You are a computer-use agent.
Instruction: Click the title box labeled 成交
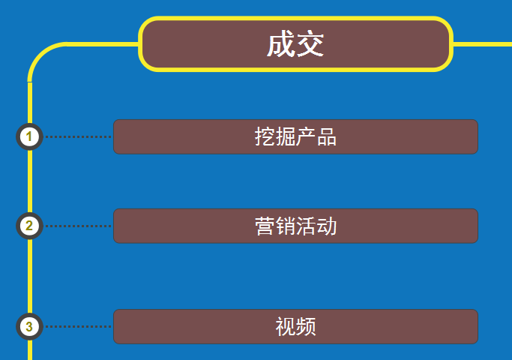[296, 44]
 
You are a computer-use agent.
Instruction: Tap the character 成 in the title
[280, 45]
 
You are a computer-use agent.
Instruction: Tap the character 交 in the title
[310, 45]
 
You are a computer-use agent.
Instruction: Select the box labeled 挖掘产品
[295, 136]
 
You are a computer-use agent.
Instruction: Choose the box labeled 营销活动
[295, 226]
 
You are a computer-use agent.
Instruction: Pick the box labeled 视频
[295, 326]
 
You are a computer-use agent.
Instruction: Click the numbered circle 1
[29, 136]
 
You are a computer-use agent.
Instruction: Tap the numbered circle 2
[29, 226]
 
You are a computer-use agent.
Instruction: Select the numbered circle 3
[29, 326]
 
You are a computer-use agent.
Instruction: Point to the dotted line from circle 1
[78, 136]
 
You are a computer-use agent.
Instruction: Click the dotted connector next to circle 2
[78, 226]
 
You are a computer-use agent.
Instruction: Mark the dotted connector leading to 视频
[78, 326]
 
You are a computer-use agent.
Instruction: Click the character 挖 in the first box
[265, 136]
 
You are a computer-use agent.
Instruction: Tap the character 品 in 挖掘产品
[327, 136]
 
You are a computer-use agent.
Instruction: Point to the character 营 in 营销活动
[265, 226]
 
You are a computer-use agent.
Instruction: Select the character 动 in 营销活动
[328, 226]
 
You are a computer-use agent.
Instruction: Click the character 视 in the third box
[285, 326]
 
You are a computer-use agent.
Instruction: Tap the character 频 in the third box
[306, 326]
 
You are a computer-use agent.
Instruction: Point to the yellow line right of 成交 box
[483, 44]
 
